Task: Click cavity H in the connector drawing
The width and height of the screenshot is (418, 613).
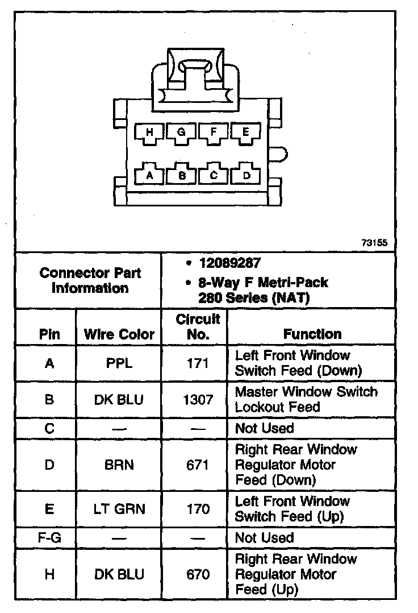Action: click(x=149, y=132)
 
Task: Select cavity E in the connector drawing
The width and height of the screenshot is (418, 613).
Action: click(x=246, y=132)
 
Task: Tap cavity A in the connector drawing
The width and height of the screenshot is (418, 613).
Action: click(x=149, y=175)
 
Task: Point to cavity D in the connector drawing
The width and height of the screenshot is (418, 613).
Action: click(x=246, y=175)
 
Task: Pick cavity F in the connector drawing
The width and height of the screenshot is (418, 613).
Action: click(x=214, y=132)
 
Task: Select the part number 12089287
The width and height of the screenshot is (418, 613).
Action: click(x=229, y=263)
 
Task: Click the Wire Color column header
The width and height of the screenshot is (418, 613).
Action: click(x=119, y=334)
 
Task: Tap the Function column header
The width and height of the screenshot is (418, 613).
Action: click(x=312, y=334)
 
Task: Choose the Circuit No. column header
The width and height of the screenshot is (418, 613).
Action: click(x=198, y=326)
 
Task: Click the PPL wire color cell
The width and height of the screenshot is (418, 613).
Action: click(x=119, y=363)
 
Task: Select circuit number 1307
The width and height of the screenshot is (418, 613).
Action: click(x=198, y=399)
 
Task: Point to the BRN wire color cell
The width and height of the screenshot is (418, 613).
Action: click(x=119, y=465)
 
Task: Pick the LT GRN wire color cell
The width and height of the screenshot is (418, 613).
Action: click(x=119, y=509)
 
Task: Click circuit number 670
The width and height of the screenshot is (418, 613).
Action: click(x=198, y=574)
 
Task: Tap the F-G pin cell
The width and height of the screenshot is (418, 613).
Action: click(x=49, y=538)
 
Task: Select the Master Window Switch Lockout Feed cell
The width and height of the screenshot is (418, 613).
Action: click(x=306, y=399)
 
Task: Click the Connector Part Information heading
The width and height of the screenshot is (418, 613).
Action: click(x=91, y=280)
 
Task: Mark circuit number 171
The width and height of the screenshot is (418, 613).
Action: click(x=198, y=363)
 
